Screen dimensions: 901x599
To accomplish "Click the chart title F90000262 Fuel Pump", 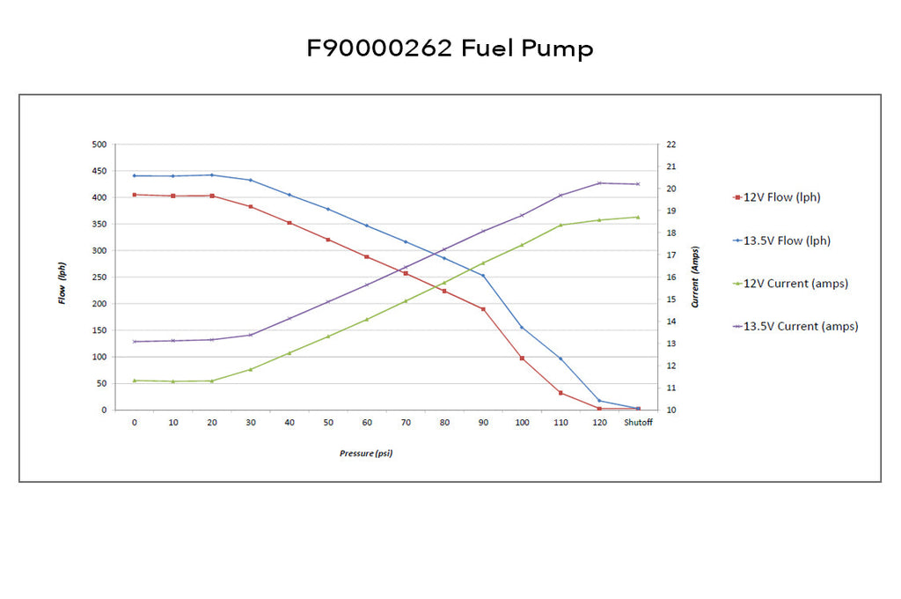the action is pos(450,48).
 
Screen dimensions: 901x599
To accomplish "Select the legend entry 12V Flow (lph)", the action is pos(777,197).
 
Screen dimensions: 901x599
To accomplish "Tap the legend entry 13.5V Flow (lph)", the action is pos(782,240).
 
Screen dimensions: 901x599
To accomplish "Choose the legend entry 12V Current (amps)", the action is pos(791,283).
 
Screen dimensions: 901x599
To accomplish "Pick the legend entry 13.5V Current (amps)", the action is pos(795,326).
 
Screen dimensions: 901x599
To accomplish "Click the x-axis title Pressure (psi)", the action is pos(366,454).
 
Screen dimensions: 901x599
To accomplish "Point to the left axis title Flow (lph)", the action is pos(62,283).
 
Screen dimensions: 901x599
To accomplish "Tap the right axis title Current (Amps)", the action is pos(695,277).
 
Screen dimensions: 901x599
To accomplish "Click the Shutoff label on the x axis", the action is pos(639,422).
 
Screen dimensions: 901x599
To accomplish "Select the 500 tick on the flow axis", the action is pos(99,144).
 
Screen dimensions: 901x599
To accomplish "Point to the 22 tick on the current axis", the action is pos(671,144).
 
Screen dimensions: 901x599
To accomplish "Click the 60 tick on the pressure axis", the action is pos(367,422).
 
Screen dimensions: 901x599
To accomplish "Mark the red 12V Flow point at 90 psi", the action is pos(483,309).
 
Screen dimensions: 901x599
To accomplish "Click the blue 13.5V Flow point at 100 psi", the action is pos(522,328).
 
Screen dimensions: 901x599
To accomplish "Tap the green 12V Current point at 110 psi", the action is pos(560,225).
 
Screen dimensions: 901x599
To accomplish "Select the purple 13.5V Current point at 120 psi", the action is pos(599,183).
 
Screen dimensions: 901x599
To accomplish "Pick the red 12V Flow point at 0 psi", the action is pos(135,195).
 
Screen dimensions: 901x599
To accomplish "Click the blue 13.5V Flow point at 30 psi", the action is pos(251,180).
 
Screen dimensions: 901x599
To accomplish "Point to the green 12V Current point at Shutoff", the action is pos(638,217).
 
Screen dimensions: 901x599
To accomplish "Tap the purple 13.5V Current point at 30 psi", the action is pos(251,335).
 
